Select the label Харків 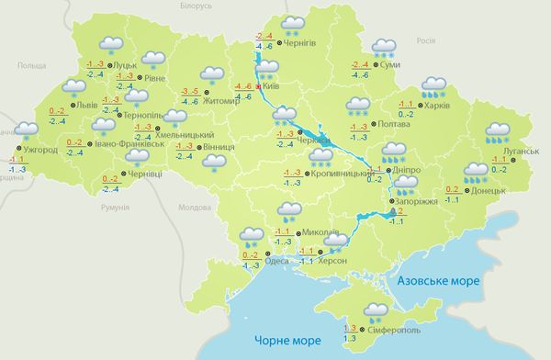coord(438,106)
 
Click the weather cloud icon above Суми coord(384,48)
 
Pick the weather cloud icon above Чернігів coord(294,24)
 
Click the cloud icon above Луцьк coord(111,44)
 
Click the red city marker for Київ coord(262,85)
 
